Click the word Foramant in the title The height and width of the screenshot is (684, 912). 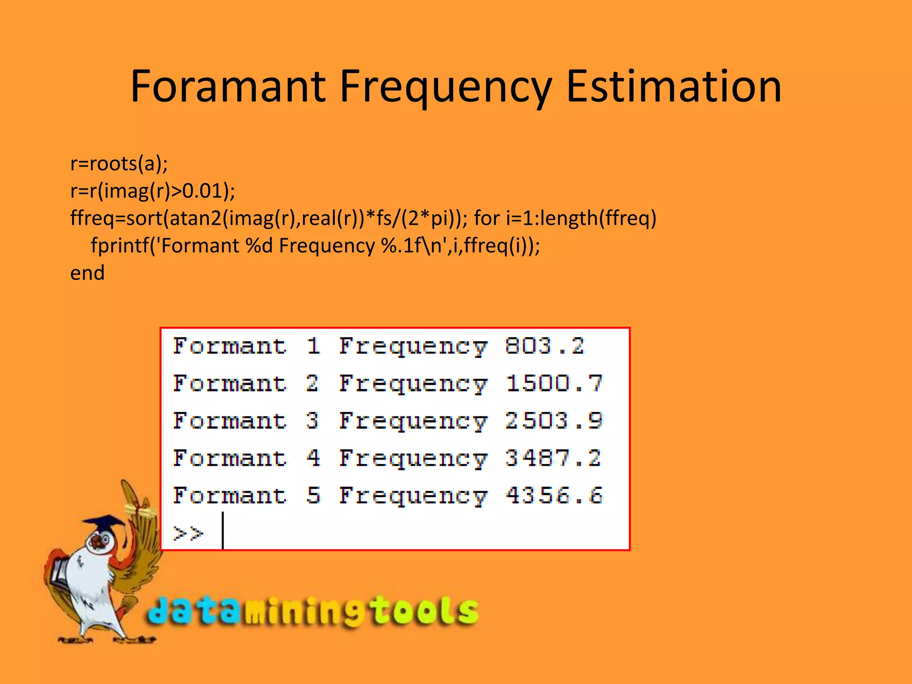pos(228,86)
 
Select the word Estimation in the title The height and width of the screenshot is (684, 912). pos(673,86)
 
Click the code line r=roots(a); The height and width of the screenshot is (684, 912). pos(119,164)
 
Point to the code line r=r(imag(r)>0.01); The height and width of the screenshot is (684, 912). pos(153,191)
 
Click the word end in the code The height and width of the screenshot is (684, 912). pos(87,273)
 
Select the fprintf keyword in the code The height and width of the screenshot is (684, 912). pos(118,246)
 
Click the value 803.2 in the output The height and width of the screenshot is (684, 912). pos(544,346)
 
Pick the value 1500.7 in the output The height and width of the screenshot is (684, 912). pos(554,383)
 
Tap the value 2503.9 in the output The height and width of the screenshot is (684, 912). pos(554,421)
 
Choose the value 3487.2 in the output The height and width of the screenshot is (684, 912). pos(553,458)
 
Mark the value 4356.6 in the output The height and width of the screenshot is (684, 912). pos(554,496)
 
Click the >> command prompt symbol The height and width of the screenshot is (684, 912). pos(188,533)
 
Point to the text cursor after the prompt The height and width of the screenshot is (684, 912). pos(223,530)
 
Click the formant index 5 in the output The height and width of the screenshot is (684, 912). pos(313,496)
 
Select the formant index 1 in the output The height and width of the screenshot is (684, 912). pos(313,346)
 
